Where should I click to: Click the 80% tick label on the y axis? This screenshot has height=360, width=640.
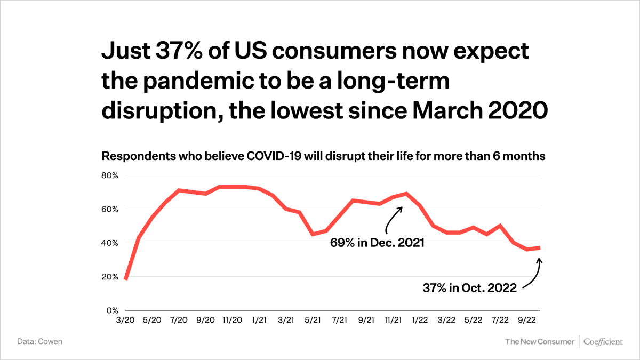pyautogui.click(x=110, y=175)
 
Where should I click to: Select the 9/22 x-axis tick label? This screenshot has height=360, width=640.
pyautogui.click(x=527, y=321)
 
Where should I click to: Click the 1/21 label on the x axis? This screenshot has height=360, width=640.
pyautogui.click(x=259, y=321)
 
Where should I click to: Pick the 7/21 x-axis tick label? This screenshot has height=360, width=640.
pyautogui.click(x=340, y=321)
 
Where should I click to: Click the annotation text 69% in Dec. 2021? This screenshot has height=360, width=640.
pyautogui.click(x=377, y=243)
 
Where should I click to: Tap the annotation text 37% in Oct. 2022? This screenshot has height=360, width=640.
pyautogui.click(x=469, y=288)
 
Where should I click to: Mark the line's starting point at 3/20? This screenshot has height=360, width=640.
pyautogui.click(x=125, y=278)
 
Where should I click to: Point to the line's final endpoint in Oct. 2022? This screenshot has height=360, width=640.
pyautogui.click(x=540, y=247)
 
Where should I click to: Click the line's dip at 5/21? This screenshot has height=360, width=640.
pyautogui.click(x=313, y=234)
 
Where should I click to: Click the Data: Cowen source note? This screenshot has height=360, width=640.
pyautogui.click(x=39, y=341)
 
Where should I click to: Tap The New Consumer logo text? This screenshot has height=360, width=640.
pyautogui.click(x=539, y=341)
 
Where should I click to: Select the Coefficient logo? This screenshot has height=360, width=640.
pyautogui.click(x=603, y=341)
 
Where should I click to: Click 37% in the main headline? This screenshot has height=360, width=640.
pyautogui.click(x=173, y=51)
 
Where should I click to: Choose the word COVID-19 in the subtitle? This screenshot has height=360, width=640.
pyautogui.click(x=273, y=157)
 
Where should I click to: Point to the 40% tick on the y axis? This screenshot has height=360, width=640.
pyautogui.click(x=110, y=243)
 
